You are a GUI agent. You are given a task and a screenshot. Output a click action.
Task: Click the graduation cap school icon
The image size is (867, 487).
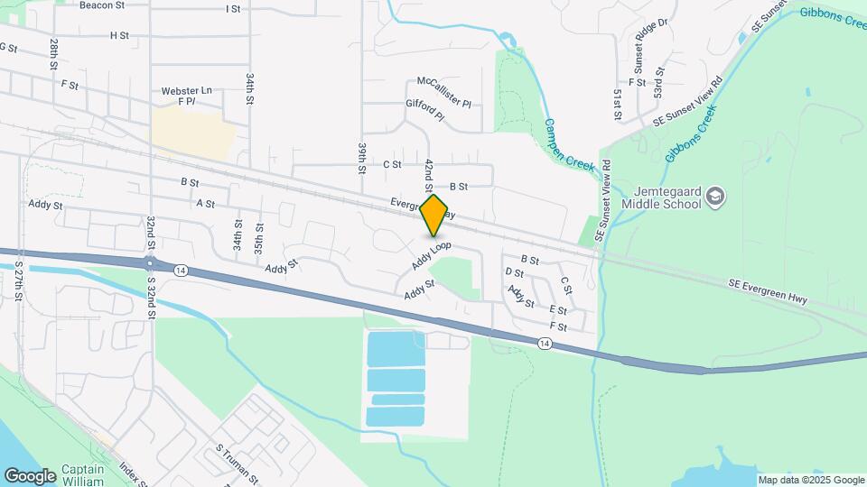[716, 196]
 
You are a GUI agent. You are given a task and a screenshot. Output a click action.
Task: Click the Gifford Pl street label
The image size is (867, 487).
[425, 110]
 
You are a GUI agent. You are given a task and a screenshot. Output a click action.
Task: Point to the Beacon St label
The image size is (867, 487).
[101, 5]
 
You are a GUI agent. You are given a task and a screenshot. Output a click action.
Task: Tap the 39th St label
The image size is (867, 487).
[361, 157]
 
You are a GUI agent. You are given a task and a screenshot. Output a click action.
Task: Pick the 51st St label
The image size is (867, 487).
[619, 105]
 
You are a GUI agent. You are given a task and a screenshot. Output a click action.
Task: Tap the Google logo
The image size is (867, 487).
[30, 475]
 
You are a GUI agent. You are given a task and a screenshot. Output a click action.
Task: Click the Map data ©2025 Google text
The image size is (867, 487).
[811, 480]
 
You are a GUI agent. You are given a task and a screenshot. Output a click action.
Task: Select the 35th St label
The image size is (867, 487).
[259, 238]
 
